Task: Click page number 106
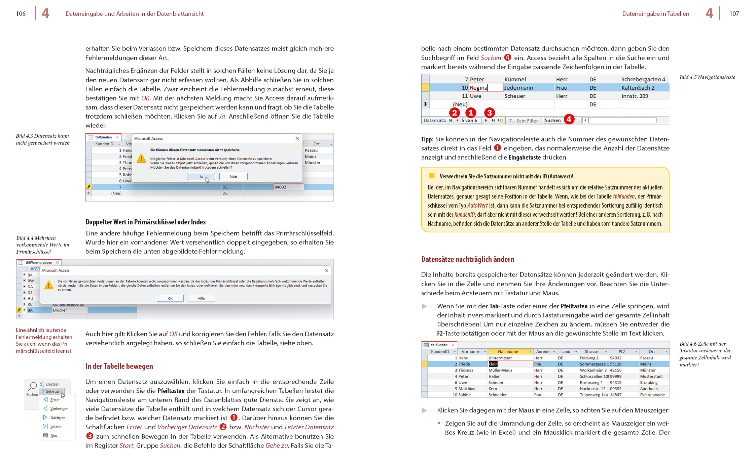[x=21, y=14]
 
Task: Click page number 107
[x=734, y=14]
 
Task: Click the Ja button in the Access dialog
[x=201, y=177]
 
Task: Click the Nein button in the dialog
[x=233, y=177]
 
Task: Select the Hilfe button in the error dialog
[x=201, y=298]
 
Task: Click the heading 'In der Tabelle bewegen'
[x=119, y=366]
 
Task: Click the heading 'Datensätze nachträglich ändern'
[x=468, y=259]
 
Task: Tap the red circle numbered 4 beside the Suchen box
[x=569, y=119]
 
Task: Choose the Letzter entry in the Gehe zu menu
[x=56, y=427]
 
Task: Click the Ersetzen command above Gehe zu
[x=52, y=384]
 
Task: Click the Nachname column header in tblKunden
[x=508, y=352]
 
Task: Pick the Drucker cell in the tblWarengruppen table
[x=70, y=310]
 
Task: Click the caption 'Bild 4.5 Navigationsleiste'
[x=707, y=77]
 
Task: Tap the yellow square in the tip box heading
[x=432, y=176]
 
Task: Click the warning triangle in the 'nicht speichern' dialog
[x=141, y=158]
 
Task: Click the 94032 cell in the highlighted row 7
[x=288, y=187]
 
